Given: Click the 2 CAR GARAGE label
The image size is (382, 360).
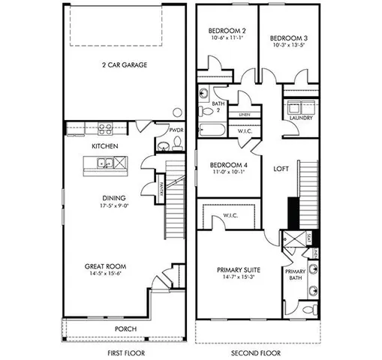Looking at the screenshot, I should coord(125,65).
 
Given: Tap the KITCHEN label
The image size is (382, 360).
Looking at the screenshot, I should coord(104,145).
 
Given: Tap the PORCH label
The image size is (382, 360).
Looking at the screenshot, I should coord(125,329).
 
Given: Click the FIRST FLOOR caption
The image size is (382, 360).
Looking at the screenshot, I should coord(125,352).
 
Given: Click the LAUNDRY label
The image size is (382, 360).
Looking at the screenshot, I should coord(301,118).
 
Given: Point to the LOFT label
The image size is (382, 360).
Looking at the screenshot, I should coord(281,169).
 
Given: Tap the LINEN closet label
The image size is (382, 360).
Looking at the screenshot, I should coord(244,115).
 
